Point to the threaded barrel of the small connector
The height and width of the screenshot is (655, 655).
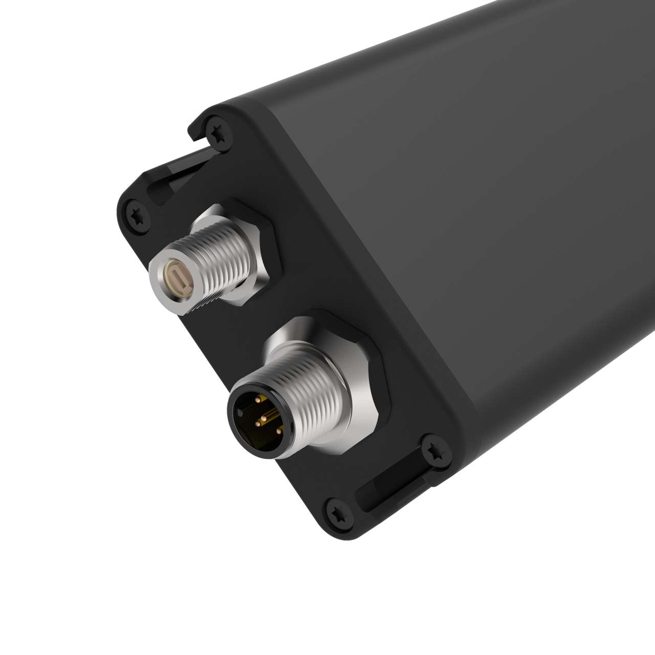[x=215, y=266]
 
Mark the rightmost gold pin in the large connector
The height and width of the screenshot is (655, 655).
[x=279, y=431]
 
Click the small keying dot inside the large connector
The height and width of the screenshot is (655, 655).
[x=240, y=413]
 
